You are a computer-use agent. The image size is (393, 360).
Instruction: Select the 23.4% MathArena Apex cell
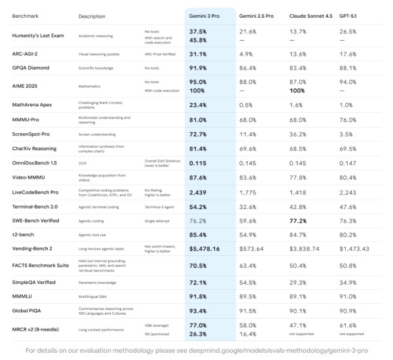click(199, 104)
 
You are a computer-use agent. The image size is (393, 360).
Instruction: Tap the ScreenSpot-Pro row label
click(33, 134)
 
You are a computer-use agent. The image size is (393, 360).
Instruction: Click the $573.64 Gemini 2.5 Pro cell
click(252, 249)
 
